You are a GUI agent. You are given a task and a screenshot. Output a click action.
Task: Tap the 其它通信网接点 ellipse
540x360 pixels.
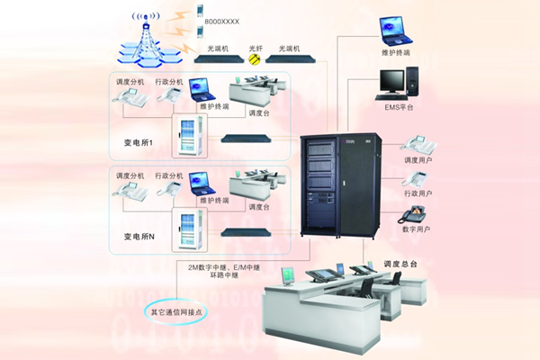[x=183, y=311]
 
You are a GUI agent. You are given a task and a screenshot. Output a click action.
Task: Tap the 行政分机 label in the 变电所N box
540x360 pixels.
[x=169, y=175]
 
